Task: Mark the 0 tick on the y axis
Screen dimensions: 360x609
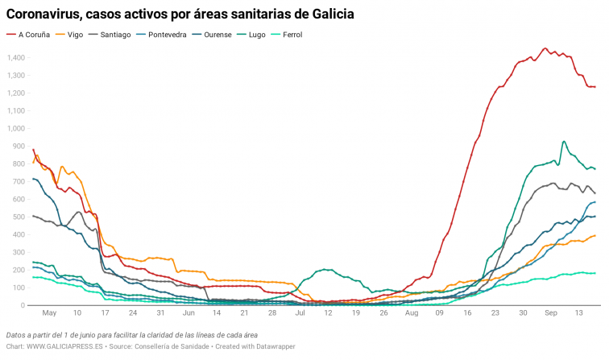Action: (23, 305)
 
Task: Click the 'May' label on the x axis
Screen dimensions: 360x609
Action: (49, 313)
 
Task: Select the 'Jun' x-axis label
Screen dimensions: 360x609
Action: (188, 313)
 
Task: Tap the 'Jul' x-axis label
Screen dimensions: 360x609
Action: (300, 313)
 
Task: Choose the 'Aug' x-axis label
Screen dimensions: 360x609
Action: (412, 313)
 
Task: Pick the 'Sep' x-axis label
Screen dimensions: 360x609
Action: (551, 313)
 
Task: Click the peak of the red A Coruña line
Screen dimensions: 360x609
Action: (545, 48)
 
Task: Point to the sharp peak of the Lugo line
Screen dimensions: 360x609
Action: (563, 142)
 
